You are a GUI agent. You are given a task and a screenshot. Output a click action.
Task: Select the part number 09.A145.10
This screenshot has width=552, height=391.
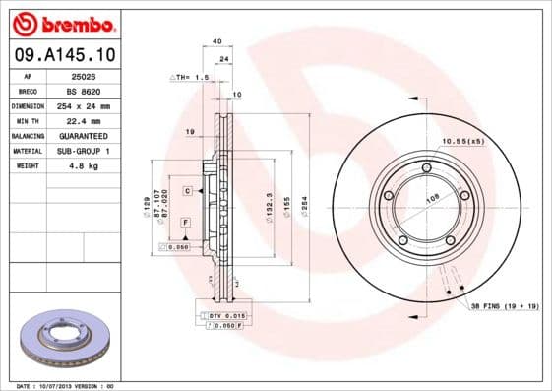click(64, 55)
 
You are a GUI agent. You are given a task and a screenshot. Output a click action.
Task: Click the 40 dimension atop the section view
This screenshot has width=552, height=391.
click(216, 41)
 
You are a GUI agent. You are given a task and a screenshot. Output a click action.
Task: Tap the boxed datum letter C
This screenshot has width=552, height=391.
click(185, 189)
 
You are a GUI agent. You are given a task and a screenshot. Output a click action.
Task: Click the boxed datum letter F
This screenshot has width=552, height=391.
click(185, 225)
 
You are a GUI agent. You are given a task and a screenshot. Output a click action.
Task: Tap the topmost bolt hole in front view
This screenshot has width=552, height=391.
click(426, 167)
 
